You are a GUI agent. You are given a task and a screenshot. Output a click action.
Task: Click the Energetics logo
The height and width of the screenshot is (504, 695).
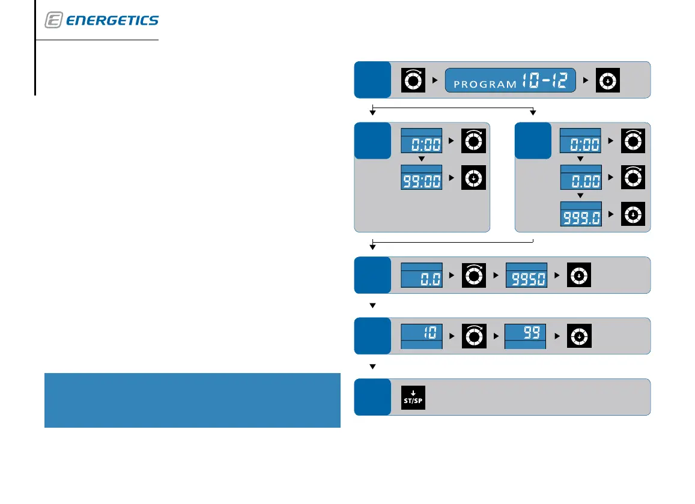pos(102,20)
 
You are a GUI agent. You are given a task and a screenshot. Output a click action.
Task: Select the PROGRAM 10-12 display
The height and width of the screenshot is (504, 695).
pos(510,80)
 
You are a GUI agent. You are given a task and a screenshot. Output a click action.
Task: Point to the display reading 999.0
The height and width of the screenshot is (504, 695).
pos(580,214)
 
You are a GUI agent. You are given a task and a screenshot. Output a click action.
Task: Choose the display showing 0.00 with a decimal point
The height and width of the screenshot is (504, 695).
pos(580,178)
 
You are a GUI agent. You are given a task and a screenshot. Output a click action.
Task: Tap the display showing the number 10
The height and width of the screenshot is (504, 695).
pos(421,335)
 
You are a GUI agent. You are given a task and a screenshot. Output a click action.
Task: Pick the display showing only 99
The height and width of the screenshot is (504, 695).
pos(526,335)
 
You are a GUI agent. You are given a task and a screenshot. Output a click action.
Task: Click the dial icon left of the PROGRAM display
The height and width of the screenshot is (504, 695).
pos(413,80)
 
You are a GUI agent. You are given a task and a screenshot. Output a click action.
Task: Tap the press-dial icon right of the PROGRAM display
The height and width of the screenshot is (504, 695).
pos(607,80)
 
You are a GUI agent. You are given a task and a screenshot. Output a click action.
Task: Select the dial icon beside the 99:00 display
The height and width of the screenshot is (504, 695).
pos(473,178)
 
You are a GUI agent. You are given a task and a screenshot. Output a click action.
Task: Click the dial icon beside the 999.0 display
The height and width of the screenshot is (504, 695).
pos(632,214)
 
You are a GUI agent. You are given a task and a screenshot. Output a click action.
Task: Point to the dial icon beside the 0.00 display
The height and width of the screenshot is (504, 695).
pos(632,178)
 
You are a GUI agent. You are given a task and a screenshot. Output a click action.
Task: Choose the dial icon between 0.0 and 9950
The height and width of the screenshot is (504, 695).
pos(473,275)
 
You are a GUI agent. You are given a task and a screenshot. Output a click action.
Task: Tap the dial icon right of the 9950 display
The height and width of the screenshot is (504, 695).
pos(578,275)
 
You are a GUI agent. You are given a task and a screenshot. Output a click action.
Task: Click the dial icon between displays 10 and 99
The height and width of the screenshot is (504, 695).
pos(473,335)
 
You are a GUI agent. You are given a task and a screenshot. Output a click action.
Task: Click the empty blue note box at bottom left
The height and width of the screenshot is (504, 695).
pos(192,400)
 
